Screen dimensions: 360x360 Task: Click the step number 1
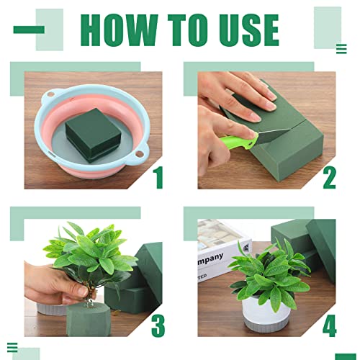(158, 178)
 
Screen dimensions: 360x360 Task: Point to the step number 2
(329, 178)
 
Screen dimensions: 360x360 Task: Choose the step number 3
(158, 325)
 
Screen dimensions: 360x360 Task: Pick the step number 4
(329, 325)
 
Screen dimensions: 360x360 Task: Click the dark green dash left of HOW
(29, 30)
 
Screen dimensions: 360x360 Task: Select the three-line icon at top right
(341, 49)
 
